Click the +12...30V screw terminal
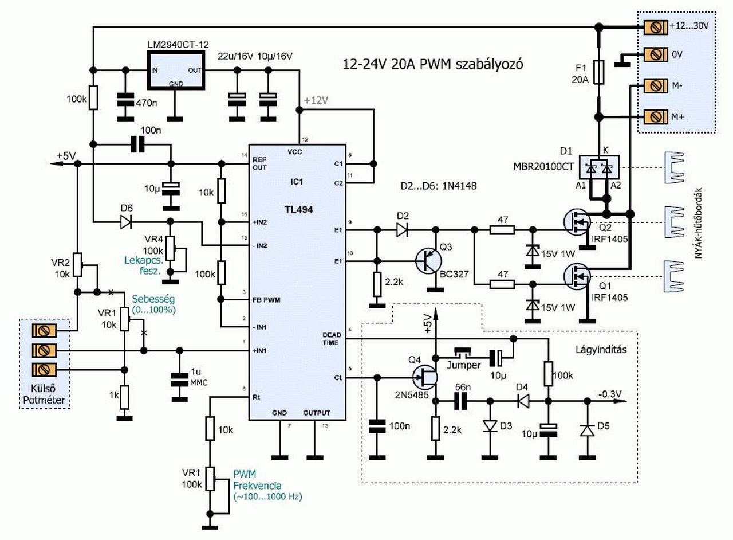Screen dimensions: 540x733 654,27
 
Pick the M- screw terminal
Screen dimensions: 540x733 654,86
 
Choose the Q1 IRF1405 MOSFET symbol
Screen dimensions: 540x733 577,276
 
